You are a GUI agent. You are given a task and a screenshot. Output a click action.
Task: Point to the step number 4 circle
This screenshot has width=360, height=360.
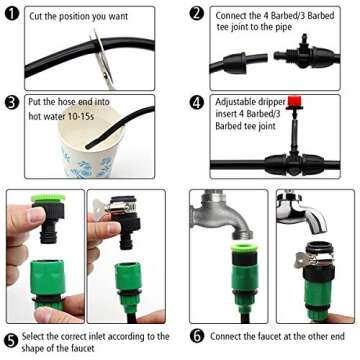pyautogui.click(x=197, y=102)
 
